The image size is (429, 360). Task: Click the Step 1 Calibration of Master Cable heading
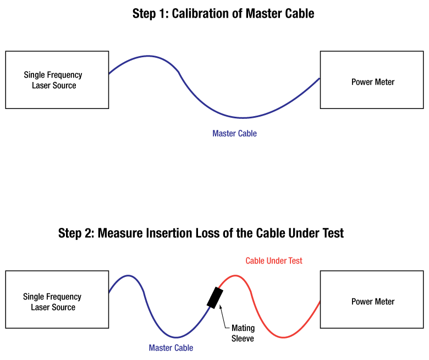223,14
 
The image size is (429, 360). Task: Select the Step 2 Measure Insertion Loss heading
201,233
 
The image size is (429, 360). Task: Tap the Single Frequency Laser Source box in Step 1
57,80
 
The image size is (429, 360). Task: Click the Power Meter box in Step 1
373,80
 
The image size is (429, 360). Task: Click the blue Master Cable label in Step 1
234,133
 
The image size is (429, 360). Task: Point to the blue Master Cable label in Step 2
171,348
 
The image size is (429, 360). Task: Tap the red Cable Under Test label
273,261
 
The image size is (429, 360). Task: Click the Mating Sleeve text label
243,334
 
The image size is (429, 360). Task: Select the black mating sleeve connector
215,297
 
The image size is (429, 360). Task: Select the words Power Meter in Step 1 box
373,82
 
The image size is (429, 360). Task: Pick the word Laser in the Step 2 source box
40,307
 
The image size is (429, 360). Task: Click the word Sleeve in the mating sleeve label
243,339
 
